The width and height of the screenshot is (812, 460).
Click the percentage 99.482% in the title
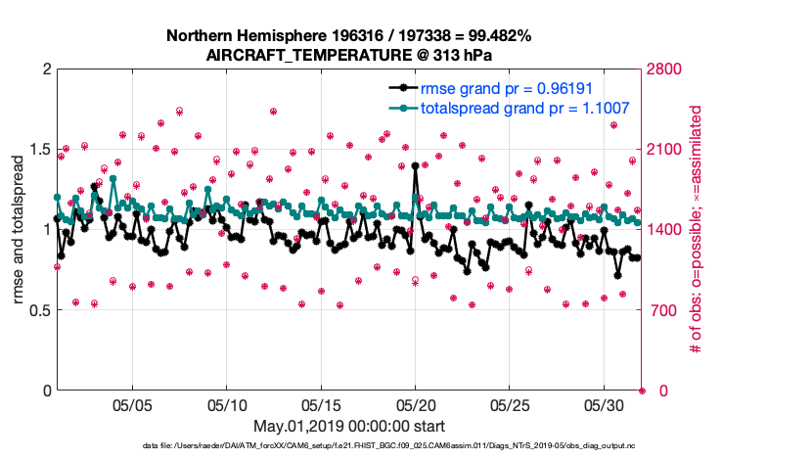(497, 36)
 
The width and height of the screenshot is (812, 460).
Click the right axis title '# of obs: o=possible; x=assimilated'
(697, 230)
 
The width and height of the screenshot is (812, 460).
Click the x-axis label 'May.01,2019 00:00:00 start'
(348, 427)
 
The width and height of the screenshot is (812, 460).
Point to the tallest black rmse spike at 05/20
(416, 166)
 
